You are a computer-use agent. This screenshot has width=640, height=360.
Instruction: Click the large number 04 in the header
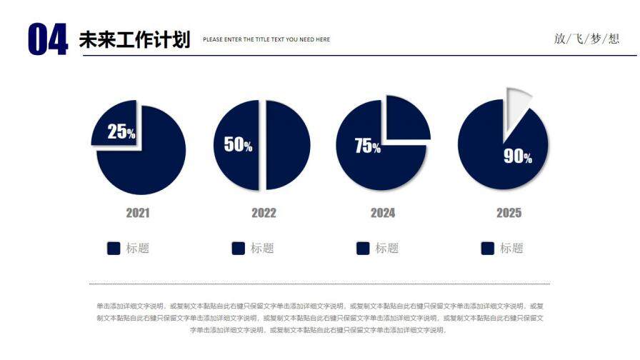[x=47, y=39]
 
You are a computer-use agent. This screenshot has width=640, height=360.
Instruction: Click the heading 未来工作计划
[x=134, y=39]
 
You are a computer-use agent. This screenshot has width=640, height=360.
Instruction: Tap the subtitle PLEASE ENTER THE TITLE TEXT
[x=266, y=39]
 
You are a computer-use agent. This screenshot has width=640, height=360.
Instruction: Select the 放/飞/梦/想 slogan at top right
[x=586, y=39]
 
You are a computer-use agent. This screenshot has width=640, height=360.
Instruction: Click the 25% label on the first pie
[x=121, y=131]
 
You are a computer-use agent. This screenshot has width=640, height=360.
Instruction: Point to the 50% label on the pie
[x=238, y=144]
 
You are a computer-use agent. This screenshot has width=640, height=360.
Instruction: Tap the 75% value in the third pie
[x=367, y=146]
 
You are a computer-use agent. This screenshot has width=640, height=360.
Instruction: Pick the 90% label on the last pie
[x=518, y=156]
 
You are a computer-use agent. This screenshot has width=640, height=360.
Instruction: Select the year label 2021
[x=138, y=213]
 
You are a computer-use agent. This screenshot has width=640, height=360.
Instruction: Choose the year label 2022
[x=264, y=213]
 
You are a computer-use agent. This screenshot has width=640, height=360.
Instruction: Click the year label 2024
[x=383, y=213]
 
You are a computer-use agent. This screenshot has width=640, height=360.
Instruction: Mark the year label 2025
[x=509, y=213]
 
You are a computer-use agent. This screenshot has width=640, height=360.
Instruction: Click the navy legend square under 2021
[x=114, y=248]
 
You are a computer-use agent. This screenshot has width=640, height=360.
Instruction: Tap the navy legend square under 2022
[x=239, y=248]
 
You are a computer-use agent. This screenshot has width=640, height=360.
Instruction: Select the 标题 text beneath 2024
[x=387, y=248]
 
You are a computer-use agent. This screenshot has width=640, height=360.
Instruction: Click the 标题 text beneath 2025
[x=511, y=248]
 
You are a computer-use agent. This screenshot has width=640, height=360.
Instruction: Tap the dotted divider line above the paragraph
[x=319, y=284]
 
